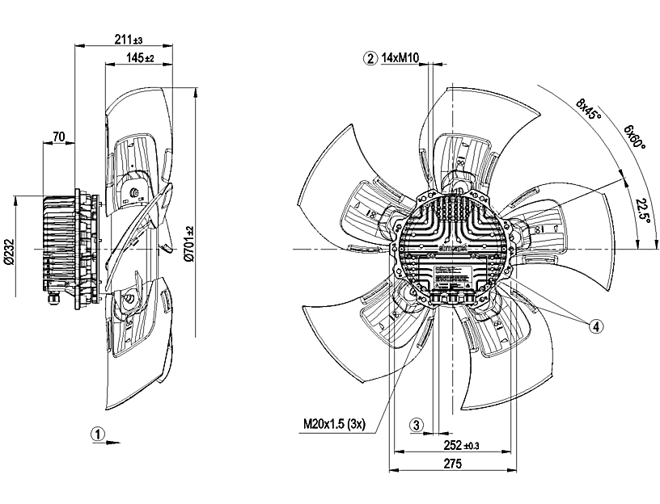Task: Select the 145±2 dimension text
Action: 140,58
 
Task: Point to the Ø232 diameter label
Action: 10,253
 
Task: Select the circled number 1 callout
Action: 97,434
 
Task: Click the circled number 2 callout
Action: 370,57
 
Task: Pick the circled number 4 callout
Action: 595,326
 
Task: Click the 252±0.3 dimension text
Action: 462,444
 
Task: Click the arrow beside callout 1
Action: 114,441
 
